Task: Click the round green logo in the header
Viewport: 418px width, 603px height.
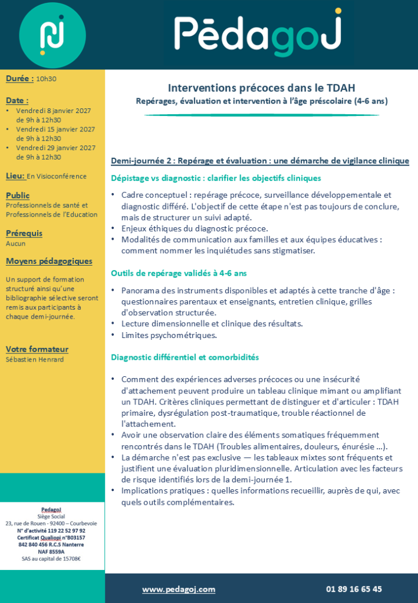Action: click(x=52, y=35)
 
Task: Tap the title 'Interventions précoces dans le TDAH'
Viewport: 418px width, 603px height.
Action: click(x=261, y=88)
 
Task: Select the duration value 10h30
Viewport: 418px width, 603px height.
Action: click(x=46, y=78)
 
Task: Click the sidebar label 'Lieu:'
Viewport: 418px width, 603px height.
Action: click(x=15, y=175)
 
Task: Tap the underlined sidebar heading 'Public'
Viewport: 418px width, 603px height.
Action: click(x=18, y=195)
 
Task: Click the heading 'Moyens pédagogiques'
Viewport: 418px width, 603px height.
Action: click(x=49, y=261)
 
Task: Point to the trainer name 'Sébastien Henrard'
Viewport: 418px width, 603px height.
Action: click(x=34, y=359)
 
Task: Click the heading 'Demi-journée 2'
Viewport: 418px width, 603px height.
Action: click(x=141, y=161)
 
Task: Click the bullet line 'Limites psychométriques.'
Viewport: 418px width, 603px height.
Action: click(x=169, y=335)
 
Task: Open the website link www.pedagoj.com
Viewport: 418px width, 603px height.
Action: click(x=179, y=589)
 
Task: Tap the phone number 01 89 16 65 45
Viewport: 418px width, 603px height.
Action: click(x=354, y=589)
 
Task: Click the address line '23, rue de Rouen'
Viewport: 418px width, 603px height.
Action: click(x=52, y=523)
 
